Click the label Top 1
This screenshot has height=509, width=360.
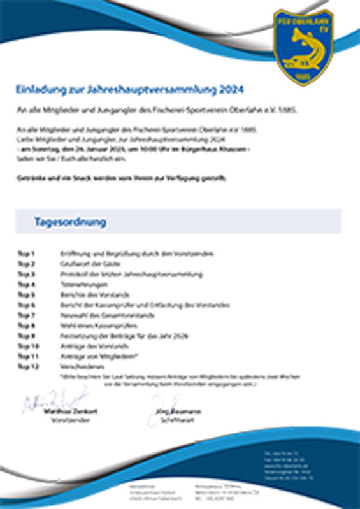click(x=26, y=254)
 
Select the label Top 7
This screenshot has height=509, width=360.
click(x=26, y=315)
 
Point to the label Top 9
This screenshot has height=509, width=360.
click(x=26, y=335)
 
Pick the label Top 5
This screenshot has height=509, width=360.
click(x=26, y=294)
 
